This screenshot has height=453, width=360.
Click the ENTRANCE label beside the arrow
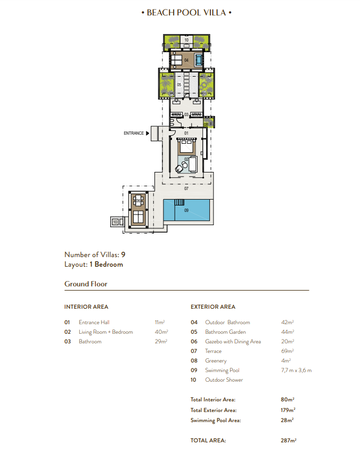134,133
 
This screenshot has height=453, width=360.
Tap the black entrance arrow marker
148,133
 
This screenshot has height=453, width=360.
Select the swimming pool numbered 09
186,210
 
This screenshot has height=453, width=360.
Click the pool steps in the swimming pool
179,202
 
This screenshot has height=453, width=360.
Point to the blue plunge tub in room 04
199,60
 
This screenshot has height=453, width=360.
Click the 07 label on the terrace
186,188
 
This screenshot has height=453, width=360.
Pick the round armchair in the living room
179,169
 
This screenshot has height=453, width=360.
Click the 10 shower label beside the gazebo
115,222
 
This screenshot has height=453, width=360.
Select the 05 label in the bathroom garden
179,85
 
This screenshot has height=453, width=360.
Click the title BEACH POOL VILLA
186,13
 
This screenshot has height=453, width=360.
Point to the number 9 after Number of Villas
124,254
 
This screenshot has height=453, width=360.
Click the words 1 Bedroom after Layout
106,265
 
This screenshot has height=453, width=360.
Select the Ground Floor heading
86,284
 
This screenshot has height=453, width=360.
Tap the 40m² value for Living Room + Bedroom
161,332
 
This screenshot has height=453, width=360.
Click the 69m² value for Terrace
288,351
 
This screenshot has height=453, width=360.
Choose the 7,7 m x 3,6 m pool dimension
297,370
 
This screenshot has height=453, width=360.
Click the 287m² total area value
289,440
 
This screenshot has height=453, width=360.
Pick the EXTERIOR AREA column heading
213,307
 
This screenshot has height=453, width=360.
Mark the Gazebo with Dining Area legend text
233,342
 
